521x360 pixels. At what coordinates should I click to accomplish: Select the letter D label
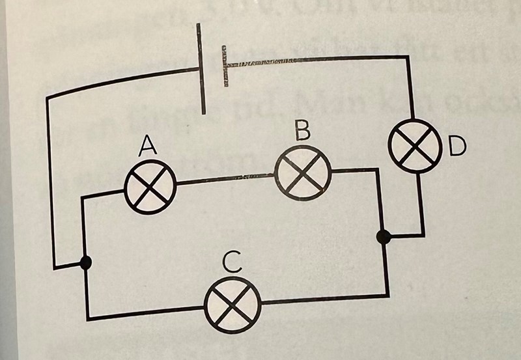[x=458, y=147]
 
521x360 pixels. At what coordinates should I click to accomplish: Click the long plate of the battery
[x=203, y=68]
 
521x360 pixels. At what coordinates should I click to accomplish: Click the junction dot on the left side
[x=85, y=263]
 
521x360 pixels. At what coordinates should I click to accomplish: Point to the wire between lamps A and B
[x=225, y=179]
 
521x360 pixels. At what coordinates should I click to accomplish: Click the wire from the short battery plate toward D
[x=319, y=60]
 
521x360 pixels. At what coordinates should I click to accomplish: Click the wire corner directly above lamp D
[x=410, y=58]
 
